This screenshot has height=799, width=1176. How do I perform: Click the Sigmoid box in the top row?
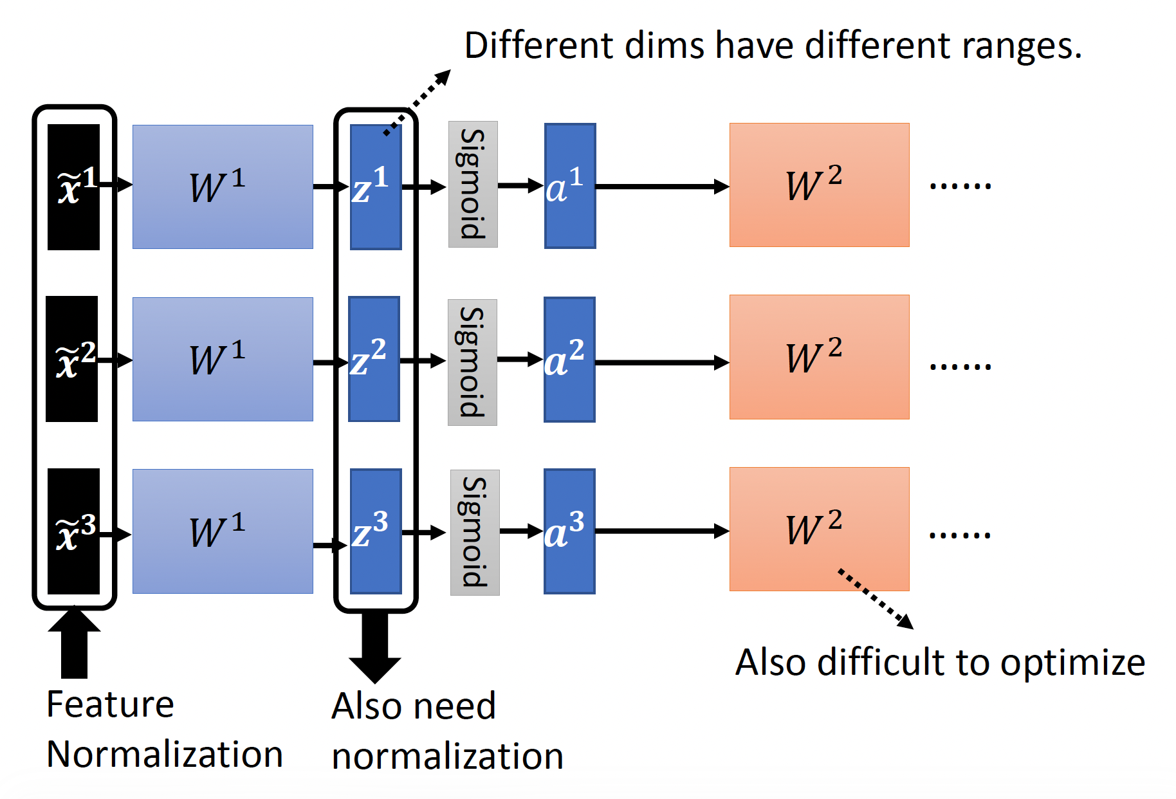[473, 184]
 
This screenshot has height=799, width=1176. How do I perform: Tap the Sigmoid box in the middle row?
[472, 362]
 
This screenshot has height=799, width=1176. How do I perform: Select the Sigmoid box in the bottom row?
[475, 532]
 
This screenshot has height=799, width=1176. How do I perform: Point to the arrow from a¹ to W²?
[663, 187]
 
